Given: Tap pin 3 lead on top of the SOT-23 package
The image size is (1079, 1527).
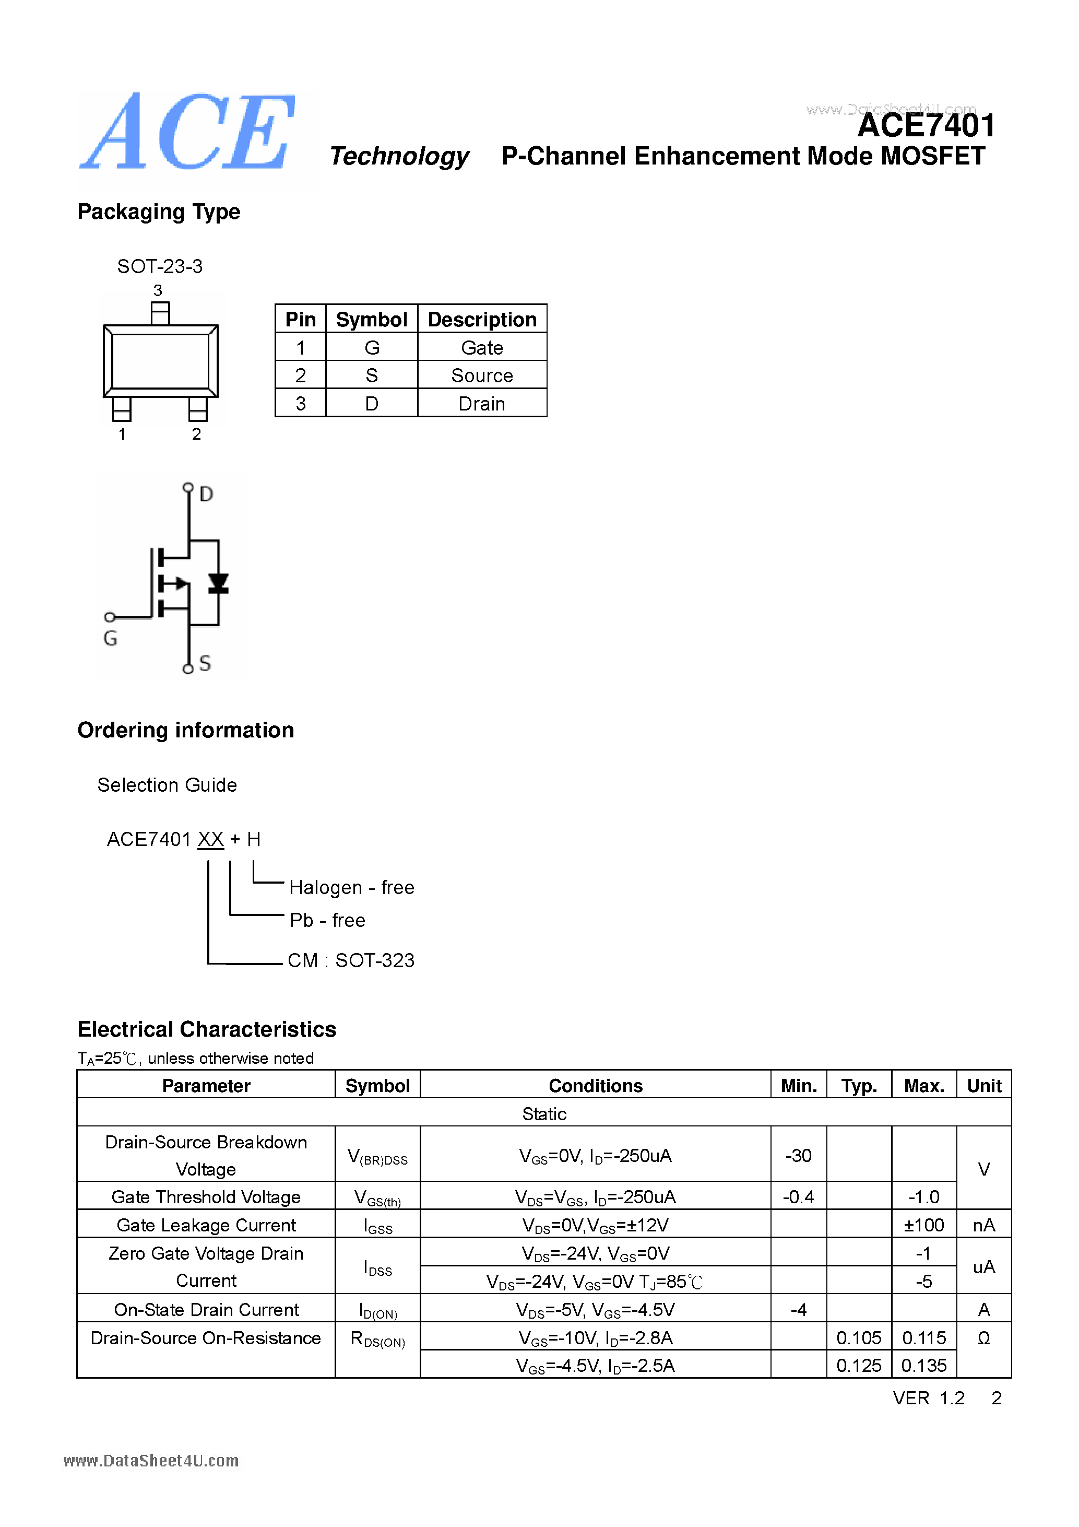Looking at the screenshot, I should click(160, 313).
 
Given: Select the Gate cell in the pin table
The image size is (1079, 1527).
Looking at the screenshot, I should click(481, 347).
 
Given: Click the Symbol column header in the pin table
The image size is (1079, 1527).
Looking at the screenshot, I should click(371, 319).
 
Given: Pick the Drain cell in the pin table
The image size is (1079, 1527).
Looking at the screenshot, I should click(481, 404).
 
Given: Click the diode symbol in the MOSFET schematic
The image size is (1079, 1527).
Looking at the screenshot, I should click(218, 583).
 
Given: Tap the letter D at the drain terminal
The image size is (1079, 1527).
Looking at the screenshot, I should click(206, 494).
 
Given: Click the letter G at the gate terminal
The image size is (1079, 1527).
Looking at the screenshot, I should click(110, 639).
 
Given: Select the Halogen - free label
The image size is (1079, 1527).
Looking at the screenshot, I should click(352, 887).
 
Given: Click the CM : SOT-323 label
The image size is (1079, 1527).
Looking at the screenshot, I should click(351, 960).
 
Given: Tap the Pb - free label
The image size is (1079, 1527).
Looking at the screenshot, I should click(328, 921).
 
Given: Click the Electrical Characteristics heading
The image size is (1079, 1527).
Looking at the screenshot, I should click(207, 1029).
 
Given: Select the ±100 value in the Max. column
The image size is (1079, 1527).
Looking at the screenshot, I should click(923, 1225).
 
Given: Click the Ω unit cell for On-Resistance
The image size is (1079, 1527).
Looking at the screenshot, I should click(983, 1338).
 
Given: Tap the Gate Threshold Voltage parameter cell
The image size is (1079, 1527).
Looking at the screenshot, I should click(206, 1197).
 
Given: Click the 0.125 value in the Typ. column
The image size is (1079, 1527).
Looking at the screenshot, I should click(858, 1366).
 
